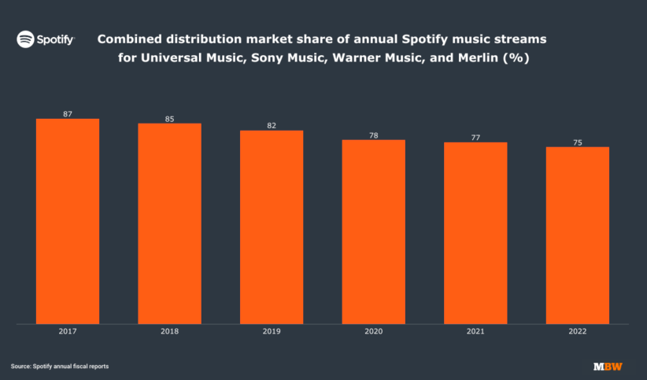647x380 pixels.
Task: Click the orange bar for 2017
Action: (x=68, y=221)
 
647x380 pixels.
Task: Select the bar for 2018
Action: (x=169, y=223)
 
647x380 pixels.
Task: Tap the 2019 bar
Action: (x=272, y=227)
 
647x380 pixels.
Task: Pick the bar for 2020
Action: (x=373, y=231)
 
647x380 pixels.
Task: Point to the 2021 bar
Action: (x=475, y=233)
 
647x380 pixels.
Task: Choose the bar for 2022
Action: (x=577, y=235)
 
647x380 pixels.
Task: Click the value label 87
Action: (x=68, y=114)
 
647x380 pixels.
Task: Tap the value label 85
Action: (x=169, y=119)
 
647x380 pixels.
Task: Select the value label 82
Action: (x=272, y=126)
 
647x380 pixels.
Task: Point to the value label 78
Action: (x=373, y=135)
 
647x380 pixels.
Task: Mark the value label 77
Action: (x=475, y=138)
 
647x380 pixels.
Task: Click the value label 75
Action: (x=577, y=142)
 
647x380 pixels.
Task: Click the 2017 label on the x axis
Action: (x=68, y=332)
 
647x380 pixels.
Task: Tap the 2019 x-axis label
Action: (x=272, y=332)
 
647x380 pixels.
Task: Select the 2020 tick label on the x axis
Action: (x=373, y=332)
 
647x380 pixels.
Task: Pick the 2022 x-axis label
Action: (x=577, y=332)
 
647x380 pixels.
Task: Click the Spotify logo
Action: (x=46, y=39)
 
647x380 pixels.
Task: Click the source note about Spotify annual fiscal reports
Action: (x=59, y=367)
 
